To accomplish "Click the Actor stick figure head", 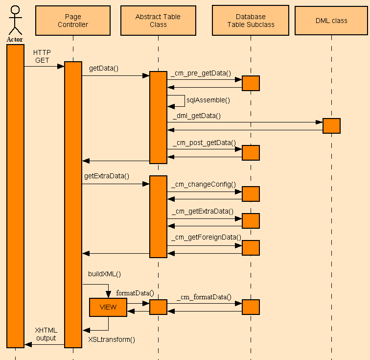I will [15, 10].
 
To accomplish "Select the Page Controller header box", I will [73, 21].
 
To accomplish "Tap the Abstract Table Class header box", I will [158, 21].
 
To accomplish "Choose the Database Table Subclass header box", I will [251, 21].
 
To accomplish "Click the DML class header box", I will [331, 21].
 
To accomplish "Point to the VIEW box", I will [108, 307].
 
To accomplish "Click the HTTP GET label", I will [42, 56].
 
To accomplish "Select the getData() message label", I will [104, 69].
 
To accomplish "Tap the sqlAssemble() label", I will [208, 99].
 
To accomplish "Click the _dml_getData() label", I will [196, 116].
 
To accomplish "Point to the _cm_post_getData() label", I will [204, 143].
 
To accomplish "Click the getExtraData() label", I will [107, 175].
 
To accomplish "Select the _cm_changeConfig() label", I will [203, 184].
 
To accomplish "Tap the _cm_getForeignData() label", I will [206, 237].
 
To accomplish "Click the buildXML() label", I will [104, 274].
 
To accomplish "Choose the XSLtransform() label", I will [112, 339].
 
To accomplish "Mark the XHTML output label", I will [46, 334].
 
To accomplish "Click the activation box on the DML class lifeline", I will [331, 126].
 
